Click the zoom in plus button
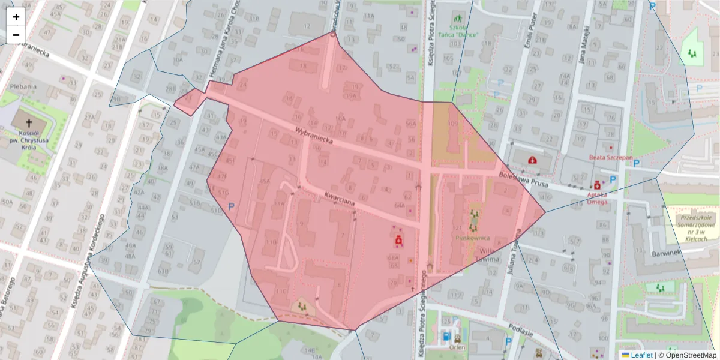pos(16,17)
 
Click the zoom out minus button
pos(16,35)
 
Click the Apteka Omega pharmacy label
pos(598,198)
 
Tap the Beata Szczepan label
pos(611,158)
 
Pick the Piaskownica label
pos(473,238)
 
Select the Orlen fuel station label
pos(457,346)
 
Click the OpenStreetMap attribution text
pos(691,355)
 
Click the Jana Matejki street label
pos(581,49)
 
